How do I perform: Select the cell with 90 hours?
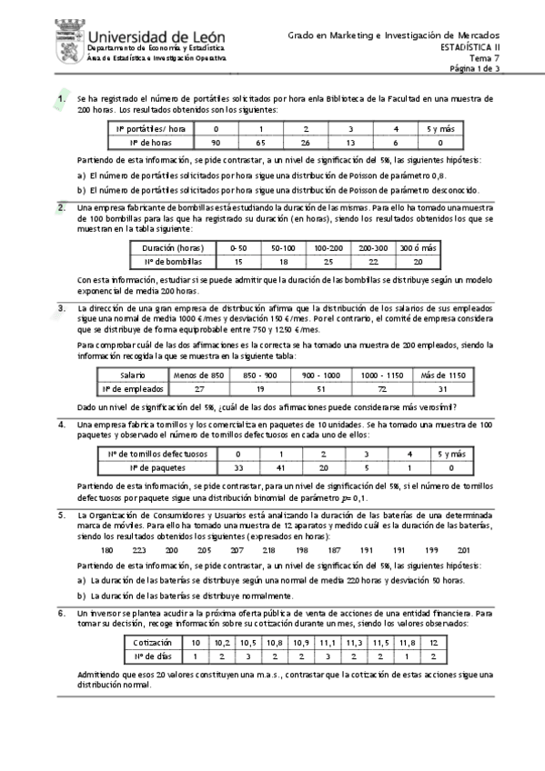coord(215,143)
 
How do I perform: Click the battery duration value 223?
coord(139,550)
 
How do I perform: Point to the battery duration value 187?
coord(334,550)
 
